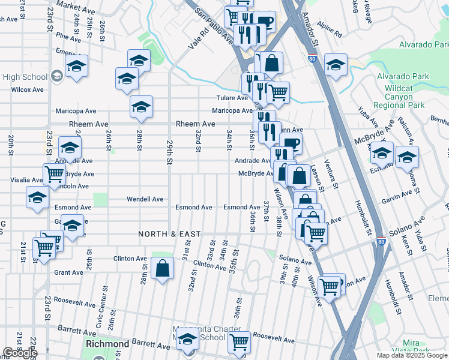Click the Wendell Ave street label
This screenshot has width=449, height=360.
pos(145,199)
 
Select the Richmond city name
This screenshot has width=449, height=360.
pos(107,344)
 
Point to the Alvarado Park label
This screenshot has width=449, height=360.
pos(403,76)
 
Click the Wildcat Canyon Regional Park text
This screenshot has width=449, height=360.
pos(402,97)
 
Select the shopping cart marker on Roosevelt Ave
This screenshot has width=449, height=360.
pos(239,341)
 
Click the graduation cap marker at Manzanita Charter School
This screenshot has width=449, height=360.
pos(188,340)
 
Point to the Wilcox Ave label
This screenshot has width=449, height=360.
pos(28,89)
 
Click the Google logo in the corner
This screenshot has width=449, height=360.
pos(20,353)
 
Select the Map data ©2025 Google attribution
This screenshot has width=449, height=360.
pos(412,355)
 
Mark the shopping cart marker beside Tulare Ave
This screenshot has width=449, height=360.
pos(277,92)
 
